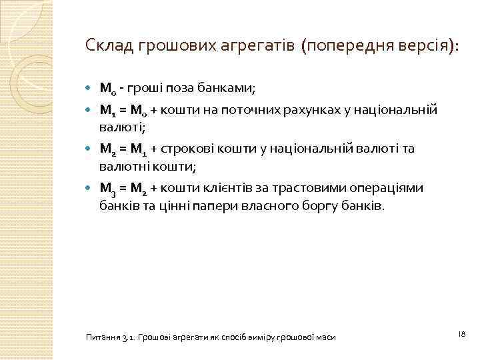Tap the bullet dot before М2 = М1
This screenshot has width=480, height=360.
(91, 149)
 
